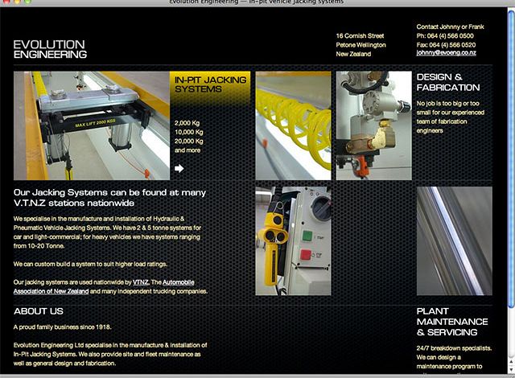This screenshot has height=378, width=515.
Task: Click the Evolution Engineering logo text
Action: (x=49, y=49)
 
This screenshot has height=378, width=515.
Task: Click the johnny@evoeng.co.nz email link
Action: (x=446, y=53)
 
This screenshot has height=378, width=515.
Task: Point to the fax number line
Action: (x=445, y=45)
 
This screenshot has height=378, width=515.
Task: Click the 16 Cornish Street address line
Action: (x=360, y=36)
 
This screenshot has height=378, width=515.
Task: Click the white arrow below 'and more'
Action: (x=179, y=168)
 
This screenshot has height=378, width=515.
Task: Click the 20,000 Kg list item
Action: (x=189, y=141)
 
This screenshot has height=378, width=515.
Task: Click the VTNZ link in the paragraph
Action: (x=141, y=282)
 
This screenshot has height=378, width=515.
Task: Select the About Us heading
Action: (x=38, y=311)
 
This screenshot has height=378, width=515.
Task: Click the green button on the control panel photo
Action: (x=306, y=236)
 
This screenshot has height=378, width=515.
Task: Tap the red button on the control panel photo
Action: (x=306, y=255)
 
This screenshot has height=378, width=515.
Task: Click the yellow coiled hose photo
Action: (x=293, y=125)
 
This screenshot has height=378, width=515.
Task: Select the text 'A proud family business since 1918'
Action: (x=62, y=327)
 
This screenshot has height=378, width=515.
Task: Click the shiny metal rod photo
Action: (x=454, y=241)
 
